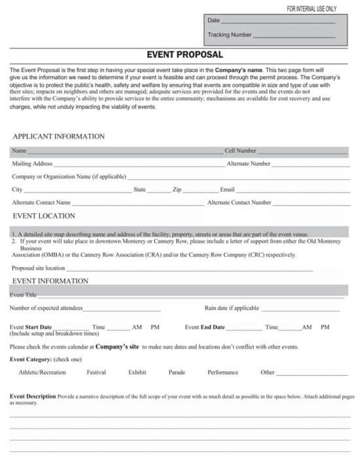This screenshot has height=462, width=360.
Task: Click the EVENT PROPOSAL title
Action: tap(184, 55)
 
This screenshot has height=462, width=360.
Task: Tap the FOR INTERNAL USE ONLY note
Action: tap(311, 9)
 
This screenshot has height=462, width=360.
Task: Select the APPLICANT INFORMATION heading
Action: tap(58, 137)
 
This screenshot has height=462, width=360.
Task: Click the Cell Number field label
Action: tap(240, 151)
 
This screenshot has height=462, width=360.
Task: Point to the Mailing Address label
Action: tap(32, 164)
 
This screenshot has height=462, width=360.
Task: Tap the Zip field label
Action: tap(177, 190)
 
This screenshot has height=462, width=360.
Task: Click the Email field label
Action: tap(227, 190)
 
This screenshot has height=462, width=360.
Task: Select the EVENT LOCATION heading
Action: tap(44, 215)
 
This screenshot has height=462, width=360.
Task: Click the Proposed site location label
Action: tap(38, 268)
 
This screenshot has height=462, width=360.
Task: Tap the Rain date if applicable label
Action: tap(232, 308)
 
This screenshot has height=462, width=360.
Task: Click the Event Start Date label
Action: tap(31, 327)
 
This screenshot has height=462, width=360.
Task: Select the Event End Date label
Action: tap(204, 327)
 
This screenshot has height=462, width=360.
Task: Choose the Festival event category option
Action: tap(96, 372)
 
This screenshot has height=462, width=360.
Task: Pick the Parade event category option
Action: tap(177, 372)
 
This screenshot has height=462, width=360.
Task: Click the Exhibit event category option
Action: tap(137, 372)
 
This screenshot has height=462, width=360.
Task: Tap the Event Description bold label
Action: tap(33, 397)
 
